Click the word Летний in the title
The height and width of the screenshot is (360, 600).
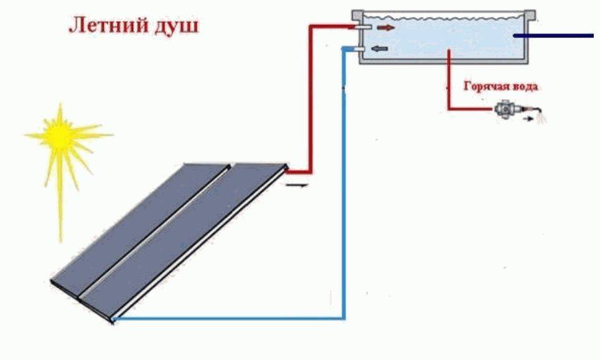click(x=108, y=26)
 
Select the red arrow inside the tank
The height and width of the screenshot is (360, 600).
click(x=385, y=27)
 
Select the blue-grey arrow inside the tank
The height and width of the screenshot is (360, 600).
click(x=380, y=49)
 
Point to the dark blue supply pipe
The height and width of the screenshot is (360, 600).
click(x=553, y=36)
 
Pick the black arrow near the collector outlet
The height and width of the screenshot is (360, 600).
click(x=297, y=186)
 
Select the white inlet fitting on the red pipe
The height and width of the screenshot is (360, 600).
click(x=362, y=27)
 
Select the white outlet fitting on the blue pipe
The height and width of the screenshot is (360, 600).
click(x=359, y=49)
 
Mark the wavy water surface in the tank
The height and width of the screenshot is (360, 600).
click(x=443, y=17)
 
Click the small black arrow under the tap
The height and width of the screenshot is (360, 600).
click(x=528, y=119)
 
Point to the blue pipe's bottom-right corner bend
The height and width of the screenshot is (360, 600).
click(x=344, y=318)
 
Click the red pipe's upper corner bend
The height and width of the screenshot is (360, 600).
click(x=311, y=27)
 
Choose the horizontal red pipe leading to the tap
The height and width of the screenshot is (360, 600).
click(x=471, y=109)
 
